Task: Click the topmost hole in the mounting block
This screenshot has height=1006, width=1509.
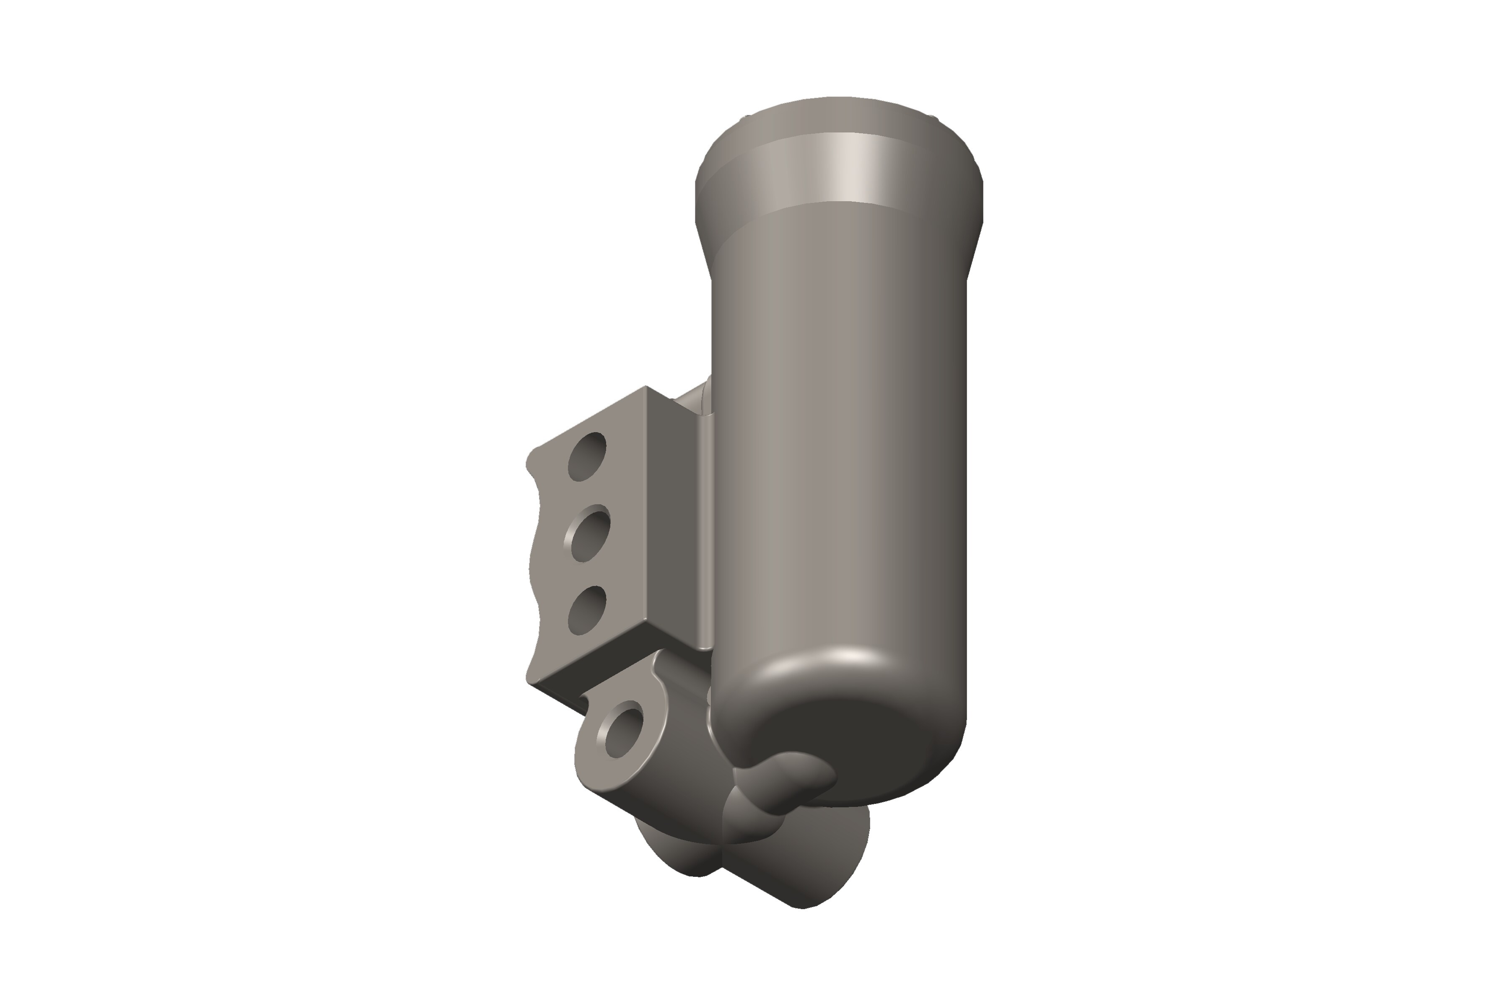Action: click(587, 457)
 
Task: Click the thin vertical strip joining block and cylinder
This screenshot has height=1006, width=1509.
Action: click(706, 532)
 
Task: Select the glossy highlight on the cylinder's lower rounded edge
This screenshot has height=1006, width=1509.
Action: click(847, 658)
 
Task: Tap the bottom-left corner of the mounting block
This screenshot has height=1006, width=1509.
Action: click(529, 680)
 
